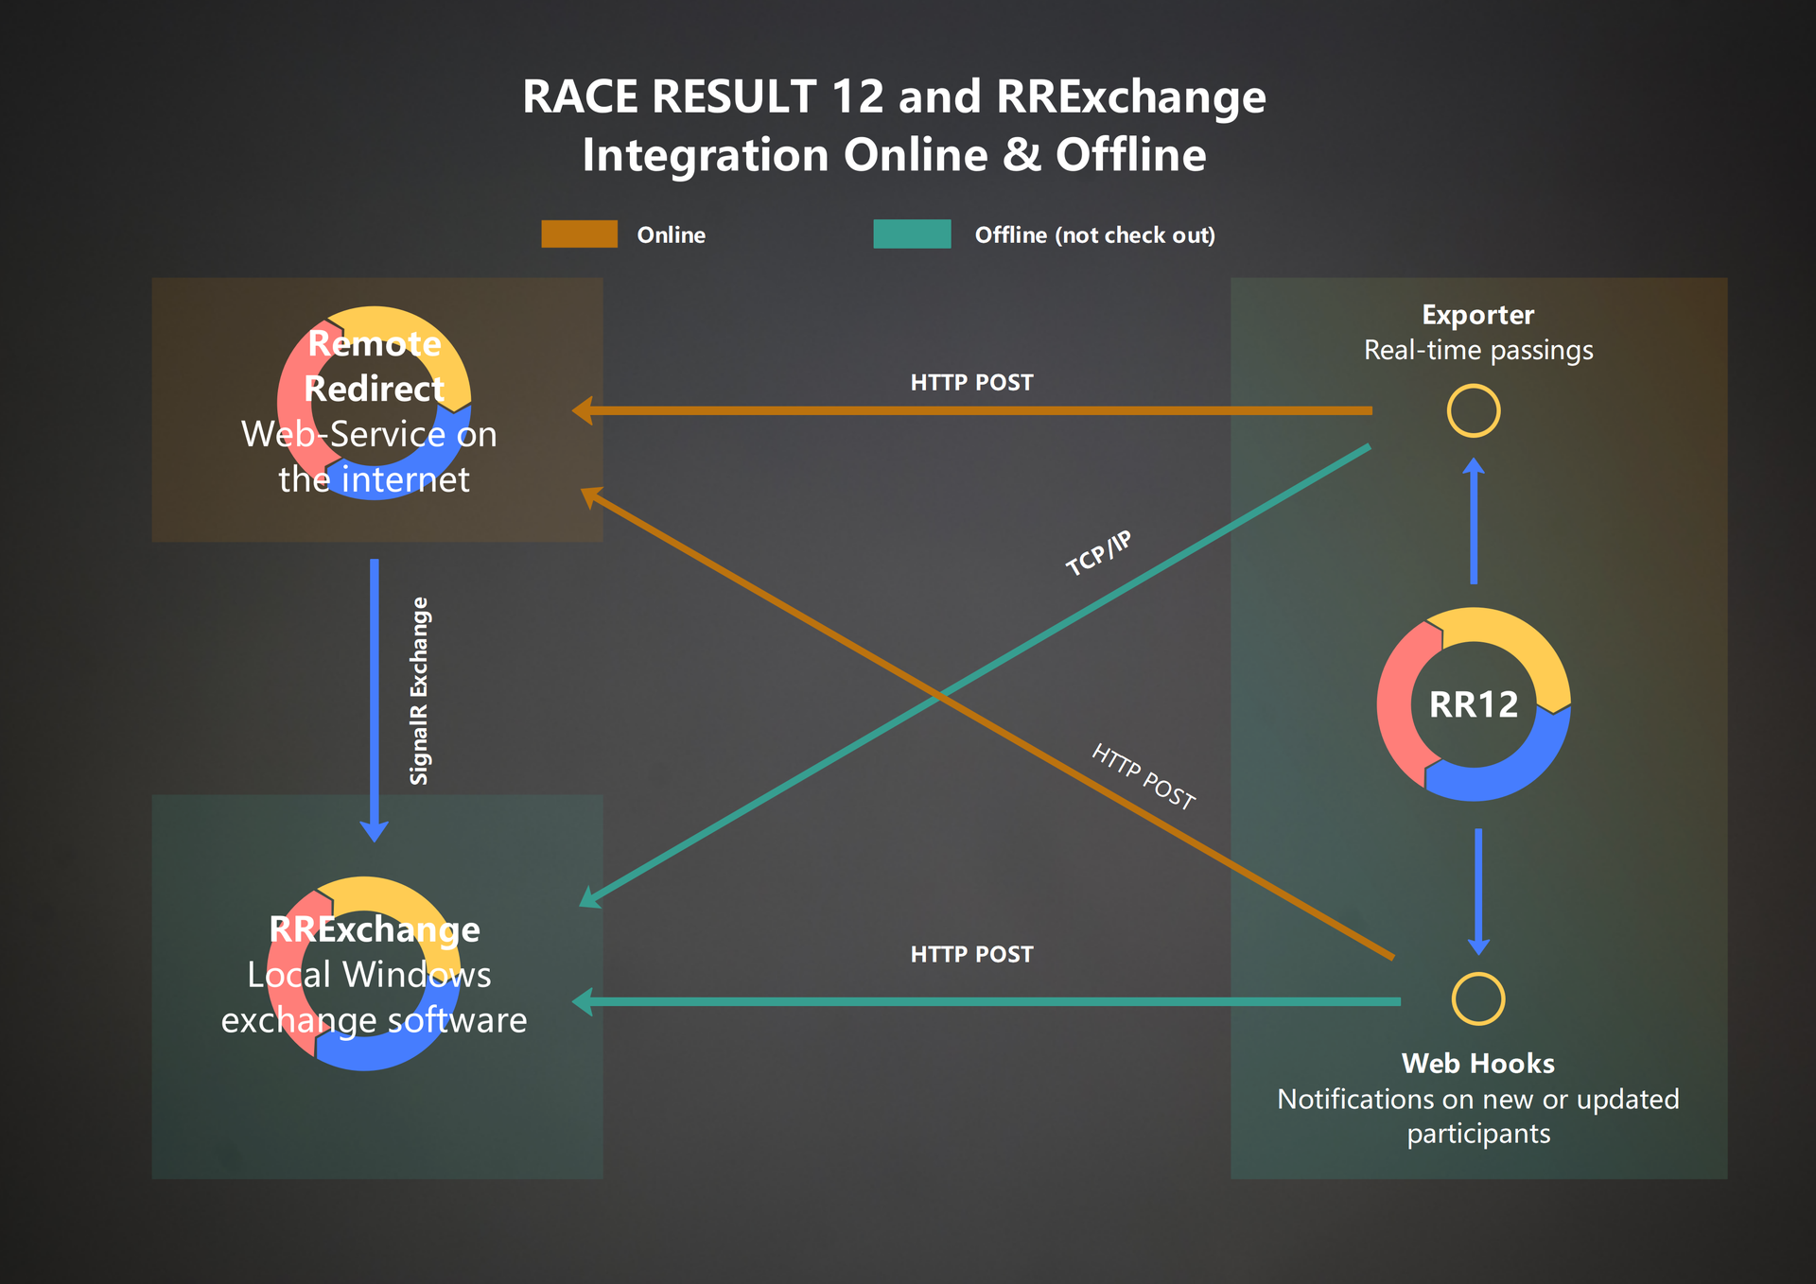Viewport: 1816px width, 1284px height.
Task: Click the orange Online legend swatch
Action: (x=579, y=234)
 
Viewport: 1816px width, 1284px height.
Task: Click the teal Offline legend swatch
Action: (x=912, y=234)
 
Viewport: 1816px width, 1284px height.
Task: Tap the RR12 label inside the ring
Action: (x=1473, y=704)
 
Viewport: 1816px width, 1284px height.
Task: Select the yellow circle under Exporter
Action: (x=1473, y=411)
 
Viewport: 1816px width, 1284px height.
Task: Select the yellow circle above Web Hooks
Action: (x=1477, y=999)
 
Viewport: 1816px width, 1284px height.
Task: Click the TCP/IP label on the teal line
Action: (x=1098, y=553)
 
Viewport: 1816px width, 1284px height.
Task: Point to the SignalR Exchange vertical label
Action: (x=419, y=690)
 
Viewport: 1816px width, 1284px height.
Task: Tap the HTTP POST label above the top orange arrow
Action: (x=971, y=383)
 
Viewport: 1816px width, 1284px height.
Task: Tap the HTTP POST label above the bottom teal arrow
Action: (x=971, y=955)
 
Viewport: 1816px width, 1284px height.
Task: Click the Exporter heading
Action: (x=1477, y=315)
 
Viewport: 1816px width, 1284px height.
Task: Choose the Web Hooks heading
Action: (x=1477, y=1064)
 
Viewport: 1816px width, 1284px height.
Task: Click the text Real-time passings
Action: (x=1477, y=351)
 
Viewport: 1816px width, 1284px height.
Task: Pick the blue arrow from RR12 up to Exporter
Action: (x=1474, y=522)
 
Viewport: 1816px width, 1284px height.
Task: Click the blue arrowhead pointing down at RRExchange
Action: (x=375, y=830)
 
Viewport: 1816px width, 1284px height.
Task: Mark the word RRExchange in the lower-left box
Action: (x=375, y=929)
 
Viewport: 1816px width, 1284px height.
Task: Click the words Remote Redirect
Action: (x=375, y=366)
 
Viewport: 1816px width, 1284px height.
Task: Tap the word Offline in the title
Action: (x=1130, y=155)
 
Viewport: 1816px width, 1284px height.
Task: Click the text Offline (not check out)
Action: (x=1094, y=235)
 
